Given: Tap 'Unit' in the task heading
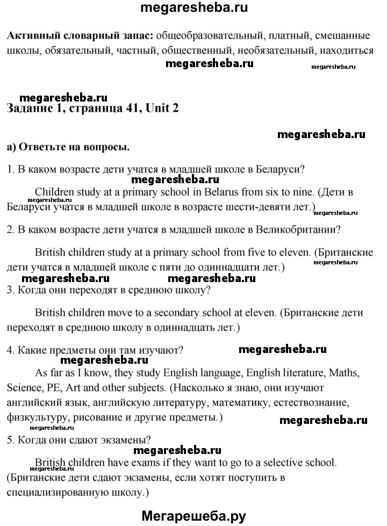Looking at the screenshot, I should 161,108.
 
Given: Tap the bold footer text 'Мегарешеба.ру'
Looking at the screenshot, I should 193,516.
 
